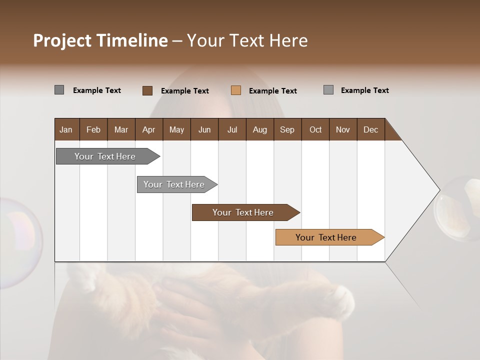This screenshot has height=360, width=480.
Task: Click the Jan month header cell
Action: pyautogui.click(x=66, y=129)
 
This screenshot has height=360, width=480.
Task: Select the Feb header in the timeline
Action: pyautogui.click(x=93, y=129)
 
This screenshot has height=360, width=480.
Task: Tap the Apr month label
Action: pyautogui.click(x=148, y=129)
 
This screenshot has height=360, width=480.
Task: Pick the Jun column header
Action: pyautogui.click(x=204, y=129)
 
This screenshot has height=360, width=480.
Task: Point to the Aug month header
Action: pyautogui.click(x=259, y=129)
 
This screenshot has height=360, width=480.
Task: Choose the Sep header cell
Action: pyautogui.click(x=287, y=129)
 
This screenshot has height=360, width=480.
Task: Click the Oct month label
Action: pyautogui.click(x=315, y=129)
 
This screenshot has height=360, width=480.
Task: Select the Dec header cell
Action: pyautogui.click(x=370, y=129)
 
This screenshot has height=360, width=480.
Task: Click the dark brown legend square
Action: pyautogui.click(x=147, y=90)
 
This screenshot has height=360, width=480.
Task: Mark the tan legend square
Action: pyautogui.click(x=236, y=90)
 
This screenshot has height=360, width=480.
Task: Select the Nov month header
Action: pyautogui.click(x=343, y=129)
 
